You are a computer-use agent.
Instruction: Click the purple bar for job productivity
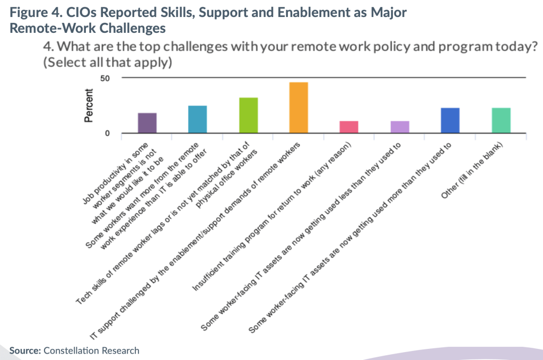147,123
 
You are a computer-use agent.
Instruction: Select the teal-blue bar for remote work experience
197,119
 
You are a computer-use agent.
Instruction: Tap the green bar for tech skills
248,115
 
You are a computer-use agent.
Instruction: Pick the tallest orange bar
299,108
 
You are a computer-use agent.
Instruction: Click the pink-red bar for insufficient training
349,127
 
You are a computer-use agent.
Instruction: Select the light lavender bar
400,127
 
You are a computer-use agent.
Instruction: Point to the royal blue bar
450,120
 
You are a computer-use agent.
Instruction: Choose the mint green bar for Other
501,120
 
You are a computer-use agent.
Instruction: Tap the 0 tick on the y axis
107,133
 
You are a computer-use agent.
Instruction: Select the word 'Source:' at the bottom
25,350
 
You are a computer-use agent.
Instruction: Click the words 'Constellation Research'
91,350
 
